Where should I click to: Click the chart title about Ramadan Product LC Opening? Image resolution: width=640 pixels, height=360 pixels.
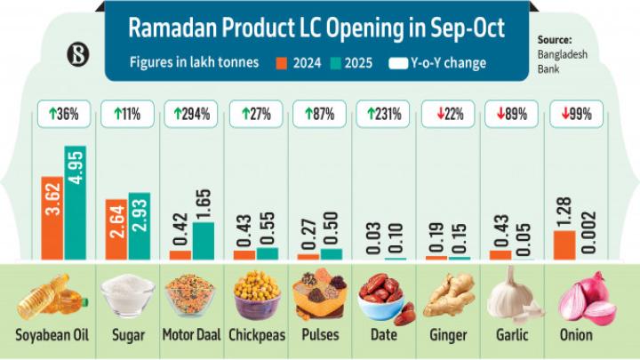[x=316, y=28]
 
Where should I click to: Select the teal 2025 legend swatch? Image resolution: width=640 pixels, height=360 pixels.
[x=335, y=64]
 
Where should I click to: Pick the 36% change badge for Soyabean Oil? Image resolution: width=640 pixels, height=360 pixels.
[x=62, y=114]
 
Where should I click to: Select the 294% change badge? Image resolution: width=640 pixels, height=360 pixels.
[x=191, y=114]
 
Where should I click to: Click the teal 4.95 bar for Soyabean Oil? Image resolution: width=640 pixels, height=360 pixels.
[x=75, y=202]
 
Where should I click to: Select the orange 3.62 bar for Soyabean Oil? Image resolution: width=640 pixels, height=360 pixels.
[x=51, y=217]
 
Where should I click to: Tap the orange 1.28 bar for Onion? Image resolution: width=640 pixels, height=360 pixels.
[x=564, y=244]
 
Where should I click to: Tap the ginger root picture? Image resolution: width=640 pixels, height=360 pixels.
[x=447, y=297]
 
